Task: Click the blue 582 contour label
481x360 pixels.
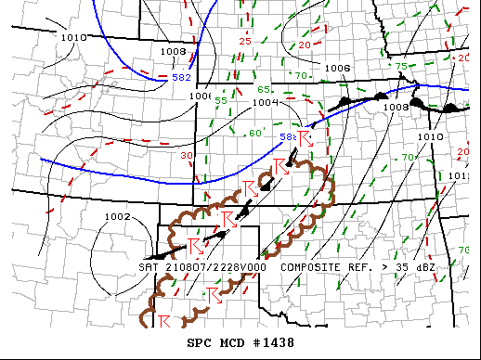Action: [182, 77]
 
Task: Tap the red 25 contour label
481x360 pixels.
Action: [245, 41]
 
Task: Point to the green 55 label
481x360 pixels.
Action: [221, 100]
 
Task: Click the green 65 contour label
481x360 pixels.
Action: [264, 89]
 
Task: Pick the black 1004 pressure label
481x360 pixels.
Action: [266, 103]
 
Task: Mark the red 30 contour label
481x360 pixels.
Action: [187, 156]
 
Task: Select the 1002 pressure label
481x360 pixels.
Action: [118, 217]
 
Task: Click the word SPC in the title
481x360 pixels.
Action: [201, 342]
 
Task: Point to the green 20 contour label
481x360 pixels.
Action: [305, 45]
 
